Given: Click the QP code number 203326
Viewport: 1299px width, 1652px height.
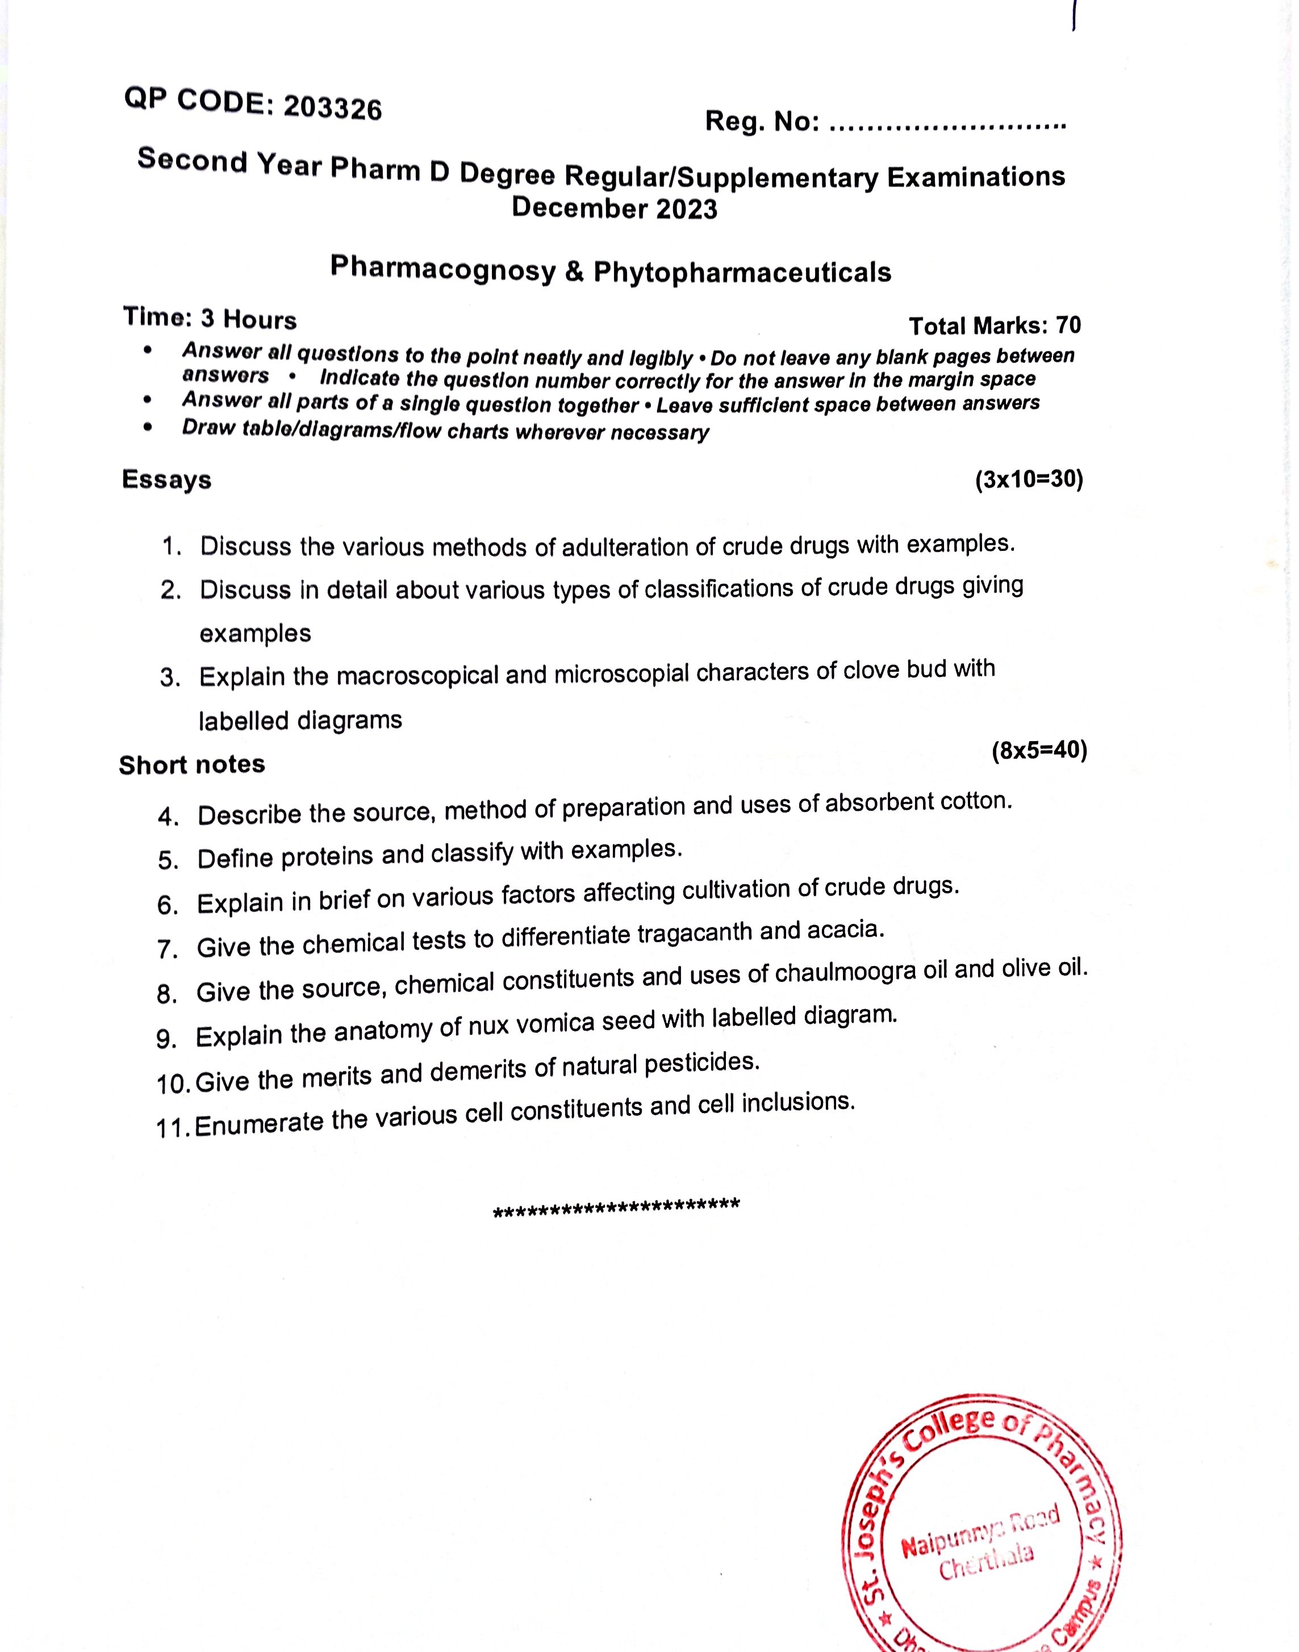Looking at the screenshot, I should click(x=332, y=108).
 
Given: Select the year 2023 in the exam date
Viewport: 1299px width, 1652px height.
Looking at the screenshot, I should click(x=687, y=209).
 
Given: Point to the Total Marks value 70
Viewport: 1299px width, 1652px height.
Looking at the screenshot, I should click(x=1068, y=325).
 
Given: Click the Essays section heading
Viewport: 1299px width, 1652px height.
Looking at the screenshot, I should click(x=166, y=480).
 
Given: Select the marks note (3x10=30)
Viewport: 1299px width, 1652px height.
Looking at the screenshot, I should click(x=1028, y=480).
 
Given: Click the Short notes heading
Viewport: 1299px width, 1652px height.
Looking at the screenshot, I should click(x=191, y=764).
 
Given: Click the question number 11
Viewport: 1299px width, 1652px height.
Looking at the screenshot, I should click(x=173, y=1128).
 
